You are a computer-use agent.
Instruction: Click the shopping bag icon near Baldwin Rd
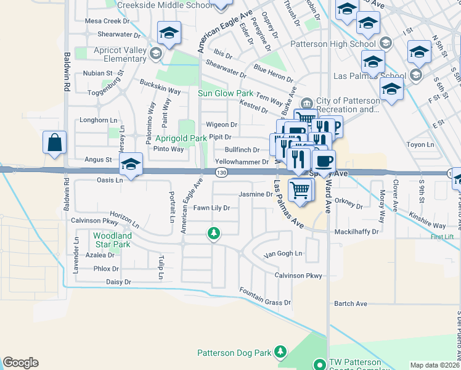click(x=54, y=142)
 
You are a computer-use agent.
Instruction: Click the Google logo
click(x=20, y=363)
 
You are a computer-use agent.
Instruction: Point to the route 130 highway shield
click(x=220, y=173)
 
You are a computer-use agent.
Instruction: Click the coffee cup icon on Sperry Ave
click(x=324, y=162)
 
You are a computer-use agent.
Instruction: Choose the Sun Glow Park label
click(x=226, y=93)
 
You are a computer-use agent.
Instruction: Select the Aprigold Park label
click(x=181, y=139)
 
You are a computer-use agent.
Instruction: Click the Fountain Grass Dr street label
click(x=265, y=303)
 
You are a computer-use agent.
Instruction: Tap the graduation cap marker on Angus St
click(x=130, y=165)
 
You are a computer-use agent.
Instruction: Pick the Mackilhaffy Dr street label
click(x=356, y=232)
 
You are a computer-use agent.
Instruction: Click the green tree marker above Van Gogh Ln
click(x=214, y=233)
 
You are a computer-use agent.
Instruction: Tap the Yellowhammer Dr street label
click(x=242, y=162)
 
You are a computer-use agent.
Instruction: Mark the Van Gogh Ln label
click(x=283, y=253)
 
